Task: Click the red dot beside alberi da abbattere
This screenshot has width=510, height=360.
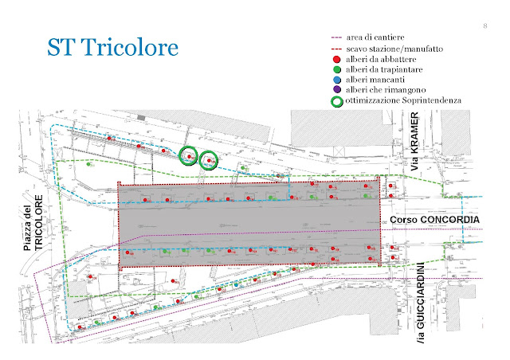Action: coord(337,59)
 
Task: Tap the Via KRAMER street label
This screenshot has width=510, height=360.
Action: coord(414,144)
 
